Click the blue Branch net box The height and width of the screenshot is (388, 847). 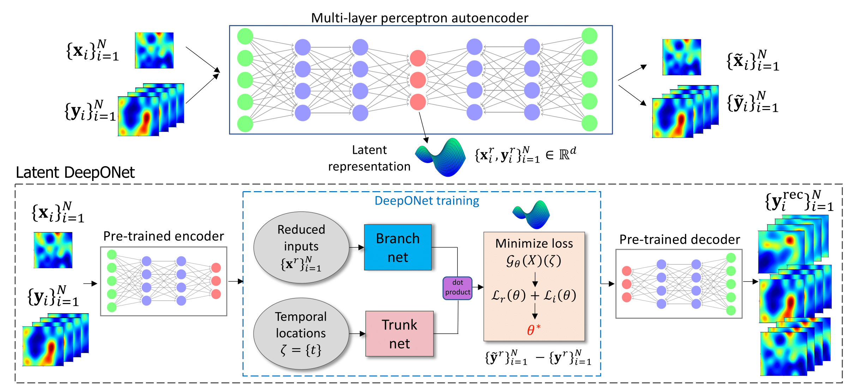(398, 248)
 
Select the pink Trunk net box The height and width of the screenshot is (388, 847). (400, 334)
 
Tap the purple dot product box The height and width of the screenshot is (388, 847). (457, 288)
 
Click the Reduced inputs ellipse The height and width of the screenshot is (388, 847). (301, 247)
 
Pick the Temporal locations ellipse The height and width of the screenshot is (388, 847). (301, 333)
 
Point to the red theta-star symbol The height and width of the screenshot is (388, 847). (533, 329)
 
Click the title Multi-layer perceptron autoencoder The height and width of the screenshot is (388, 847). (420, 18)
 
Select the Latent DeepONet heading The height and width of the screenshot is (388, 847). (75, 172)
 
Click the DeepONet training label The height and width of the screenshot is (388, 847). (427, 201)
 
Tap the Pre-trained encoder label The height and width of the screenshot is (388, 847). (163, 236)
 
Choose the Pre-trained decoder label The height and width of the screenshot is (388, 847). (679, 240)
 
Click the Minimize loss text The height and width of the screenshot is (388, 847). (534, 243)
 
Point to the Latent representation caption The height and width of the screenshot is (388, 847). (369, 158)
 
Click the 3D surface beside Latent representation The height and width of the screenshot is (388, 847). (441, 157)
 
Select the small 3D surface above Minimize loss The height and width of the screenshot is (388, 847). (531, 214)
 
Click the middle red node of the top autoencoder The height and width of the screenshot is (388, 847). (418, 80)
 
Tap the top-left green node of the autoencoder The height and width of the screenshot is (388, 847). (245, 36)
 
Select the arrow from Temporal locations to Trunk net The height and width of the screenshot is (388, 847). (357, 333)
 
